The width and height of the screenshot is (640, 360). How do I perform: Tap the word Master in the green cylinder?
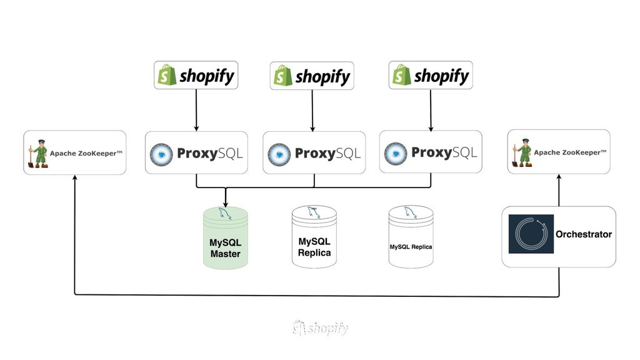click(225, 254)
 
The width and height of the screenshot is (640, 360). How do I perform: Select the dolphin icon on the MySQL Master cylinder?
click(225, 214)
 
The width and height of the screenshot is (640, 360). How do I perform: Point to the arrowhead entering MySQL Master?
click(225, 204)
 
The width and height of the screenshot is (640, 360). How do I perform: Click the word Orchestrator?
click(584, 234)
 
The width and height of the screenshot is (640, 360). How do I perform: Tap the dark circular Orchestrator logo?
click(531, 234)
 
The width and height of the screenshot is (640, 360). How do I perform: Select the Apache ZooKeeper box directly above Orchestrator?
click(559, 152)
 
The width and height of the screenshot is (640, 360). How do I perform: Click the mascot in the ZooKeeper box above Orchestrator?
click(524, 152)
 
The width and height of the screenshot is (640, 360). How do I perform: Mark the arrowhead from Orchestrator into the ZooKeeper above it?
click(559, 177)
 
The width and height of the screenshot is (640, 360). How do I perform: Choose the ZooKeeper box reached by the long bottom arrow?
click(74, 152)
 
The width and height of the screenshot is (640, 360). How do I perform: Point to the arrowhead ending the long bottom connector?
click(74, 178)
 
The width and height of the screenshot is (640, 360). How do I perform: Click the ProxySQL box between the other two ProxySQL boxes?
click(314, 152)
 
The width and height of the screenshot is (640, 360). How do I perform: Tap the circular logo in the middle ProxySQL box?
click(279, 154)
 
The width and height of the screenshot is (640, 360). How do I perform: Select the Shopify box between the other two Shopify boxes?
click(312, 76)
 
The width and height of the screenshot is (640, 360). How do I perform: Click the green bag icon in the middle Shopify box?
click(283, 76)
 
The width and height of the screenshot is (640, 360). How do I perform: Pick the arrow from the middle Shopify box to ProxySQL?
click(312, 109)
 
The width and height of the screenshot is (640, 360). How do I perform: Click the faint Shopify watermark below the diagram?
click(320, 327)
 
